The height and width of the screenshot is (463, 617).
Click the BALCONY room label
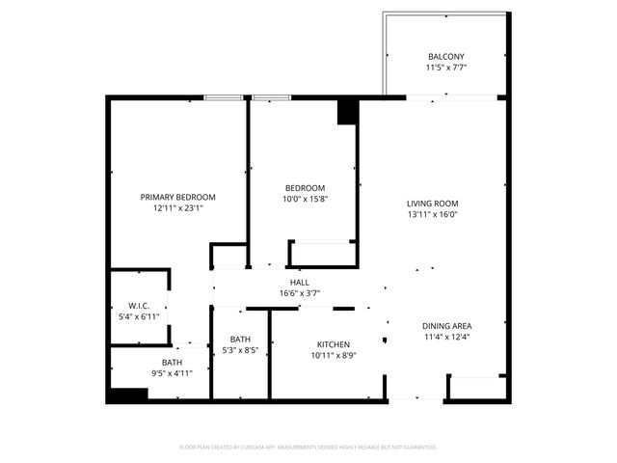pos(444,56)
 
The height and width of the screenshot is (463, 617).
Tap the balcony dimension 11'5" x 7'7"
pos(444,68)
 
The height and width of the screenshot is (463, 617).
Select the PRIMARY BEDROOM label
pos(177,197)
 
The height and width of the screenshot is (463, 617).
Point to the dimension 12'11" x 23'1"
pos(177,208)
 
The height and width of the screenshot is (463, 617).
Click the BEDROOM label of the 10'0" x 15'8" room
pos(305,188)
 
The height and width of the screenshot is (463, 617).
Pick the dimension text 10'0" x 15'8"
pos(305,200)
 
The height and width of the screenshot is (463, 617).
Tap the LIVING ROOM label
pos(431,204)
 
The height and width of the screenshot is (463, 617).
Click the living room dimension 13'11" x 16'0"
pos(431,215)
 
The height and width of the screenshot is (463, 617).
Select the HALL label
pos(300,282)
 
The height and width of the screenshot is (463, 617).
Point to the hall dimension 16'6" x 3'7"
pos(300,293)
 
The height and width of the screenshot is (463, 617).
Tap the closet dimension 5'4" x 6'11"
pos(137,316)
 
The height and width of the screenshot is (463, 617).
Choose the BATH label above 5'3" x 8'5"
pos(240,339)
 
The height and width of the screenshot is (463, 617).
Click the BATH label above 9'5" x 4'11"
pos(172,363)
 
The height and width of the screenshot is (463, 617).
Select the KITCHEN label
pos(334,344)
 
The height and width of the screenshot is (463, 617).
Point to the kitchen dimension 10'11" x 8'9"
pos(334,356)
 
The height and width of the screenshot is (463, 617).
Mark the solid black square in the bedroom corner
pos(347,113)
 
